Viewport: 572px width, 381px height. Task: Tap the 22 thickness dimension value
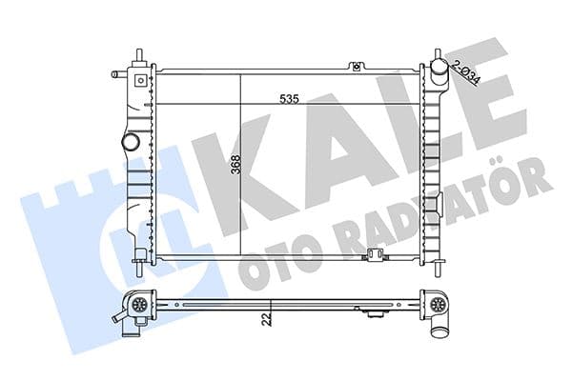click(x=269, y=319)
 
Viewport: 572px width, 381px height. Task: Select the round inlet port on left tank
click(x=130, y=142)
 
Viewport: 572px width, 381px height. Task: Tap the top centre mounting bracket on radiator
click(x=356, y=66)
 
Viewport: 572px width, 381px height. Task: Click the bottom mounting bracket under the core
click(x=375, y=254)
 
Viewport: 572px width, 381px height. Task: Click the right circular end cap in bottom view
click(x=439, y=306)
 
